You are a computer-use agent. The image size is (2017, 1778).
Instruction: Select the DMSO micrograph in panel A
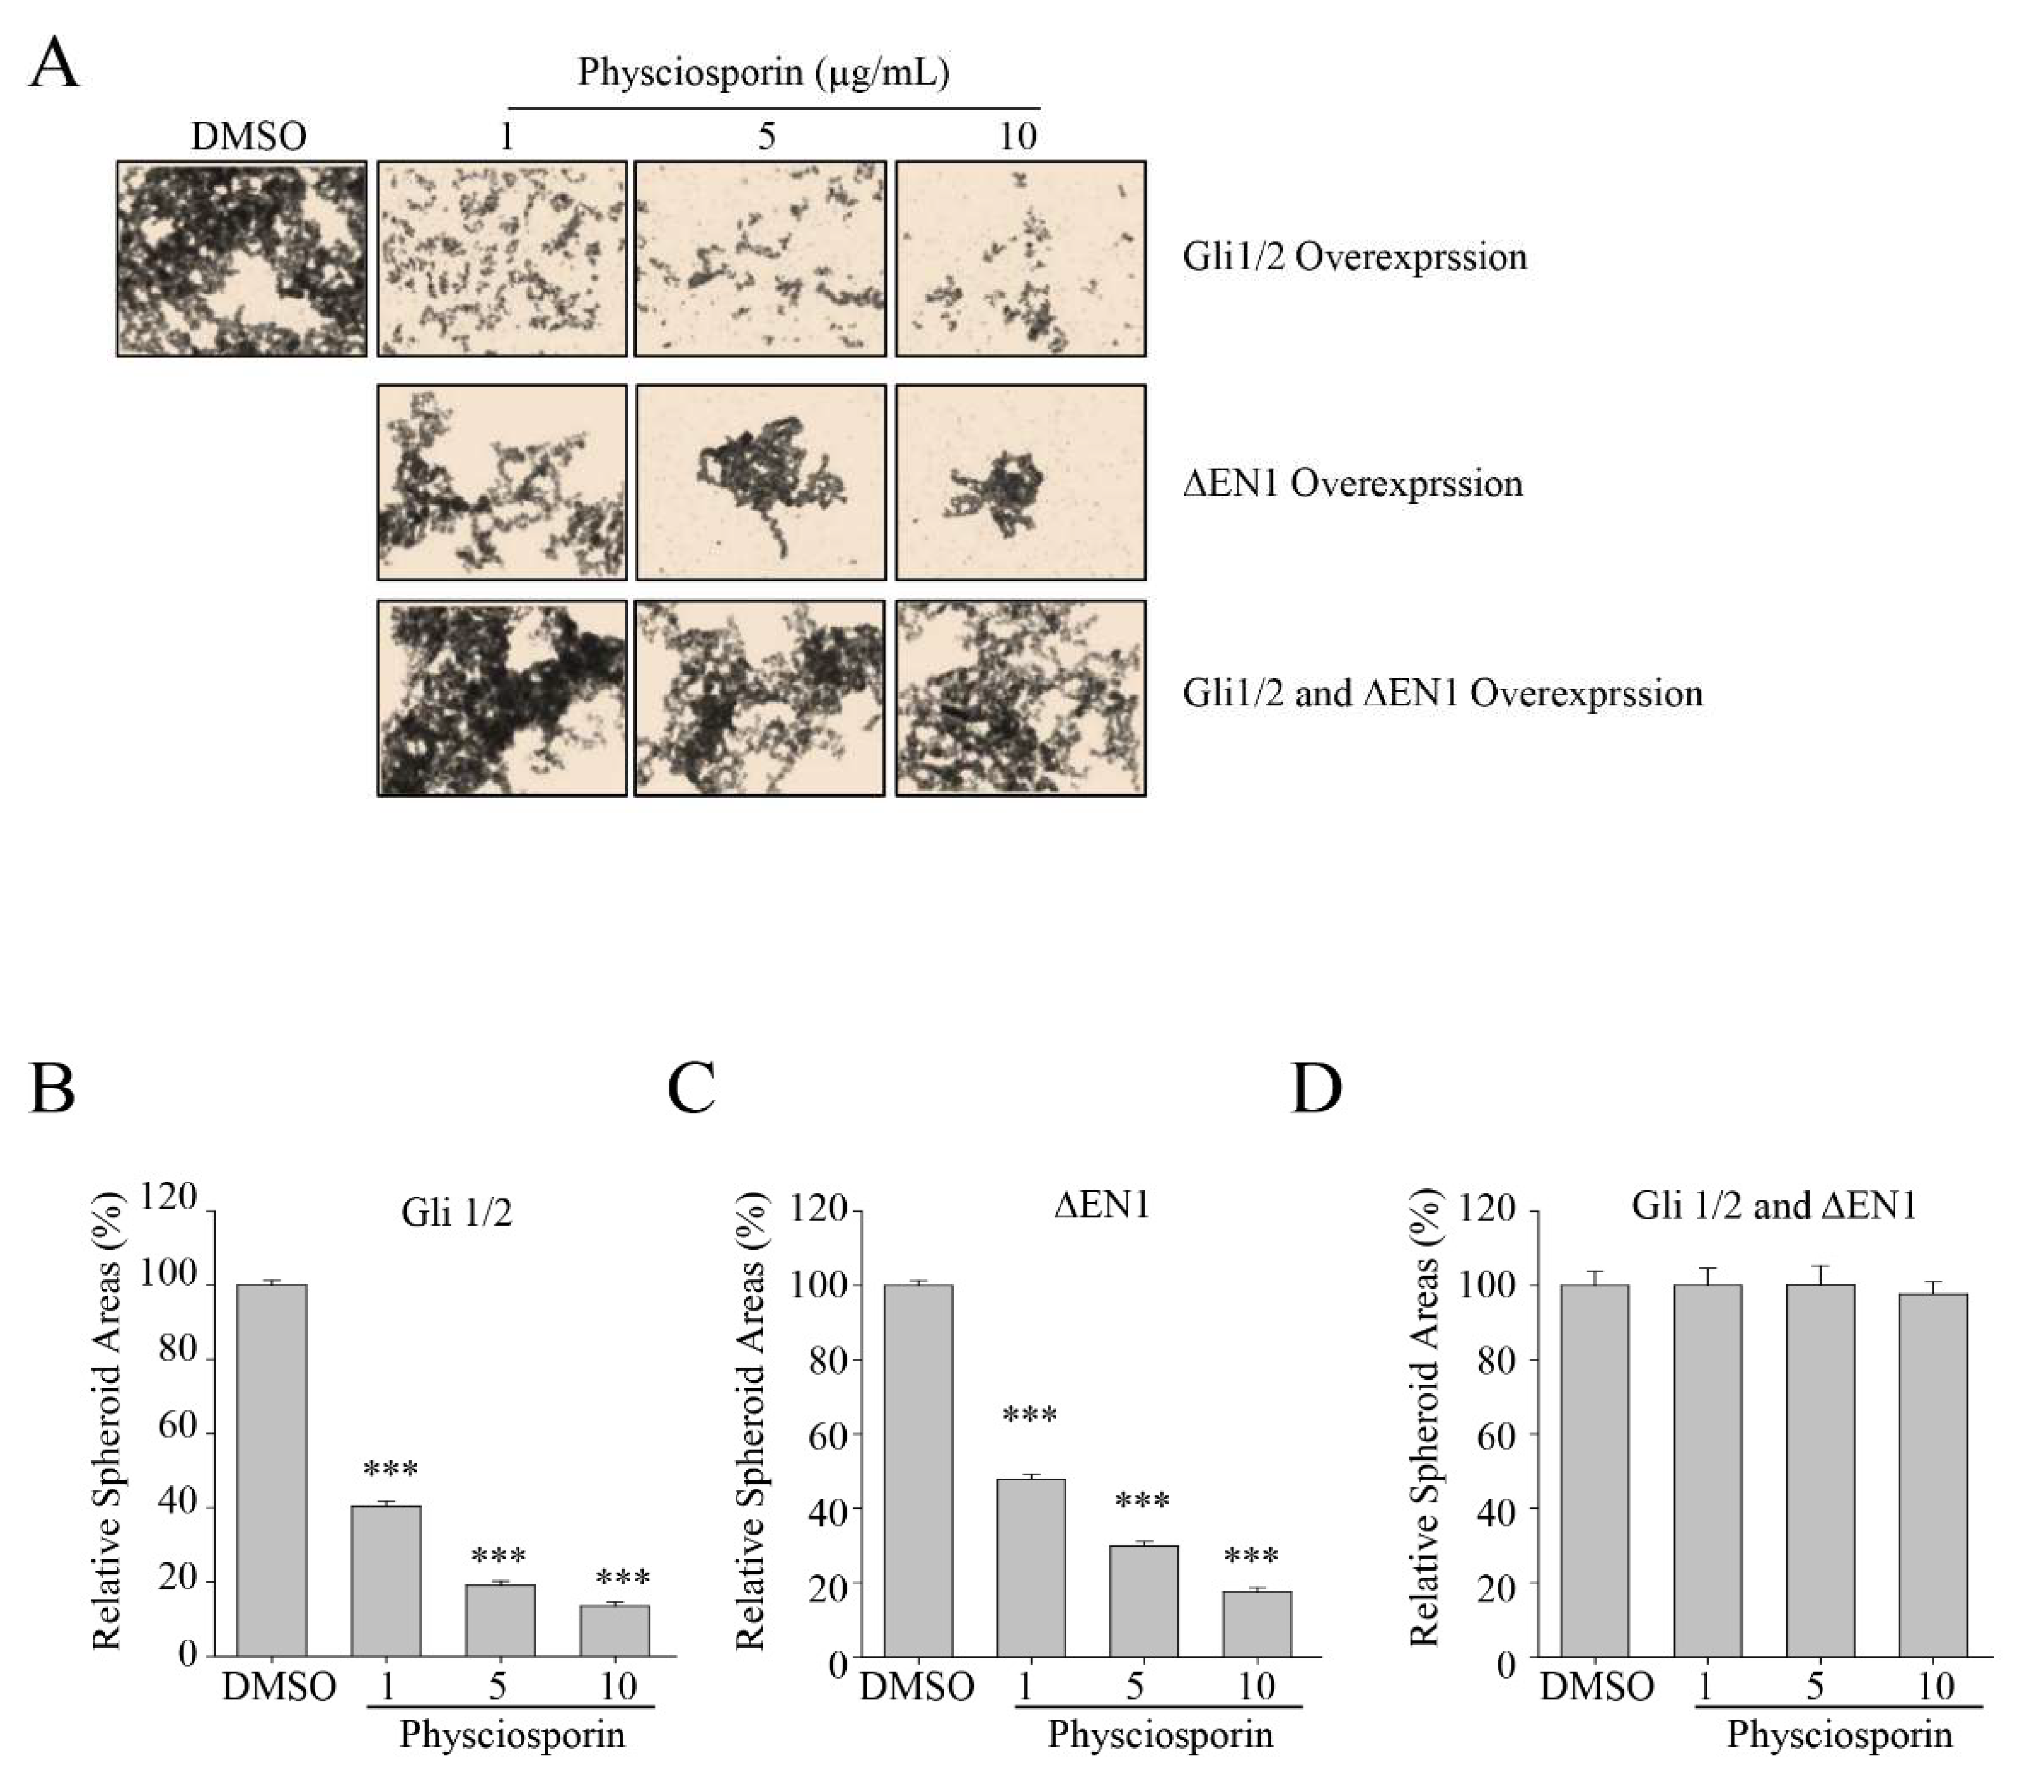(242, 259)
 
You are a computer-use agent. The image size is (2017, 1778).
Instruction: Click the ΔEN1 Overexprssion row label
(1353, 484)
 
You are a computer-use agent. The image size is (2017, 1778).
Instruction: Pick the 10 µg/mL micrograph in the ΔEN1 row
(1020, 482)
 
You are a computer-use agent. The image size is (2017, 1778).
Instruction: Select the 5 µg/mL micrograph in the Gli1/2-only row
(760, 259)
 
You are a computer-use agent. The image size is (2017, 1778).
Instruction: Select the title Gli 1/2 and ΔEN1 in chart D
(1773, 1207)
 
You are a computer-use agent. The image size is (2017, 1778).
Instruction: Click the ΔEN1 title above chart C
(1102, 1206)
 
